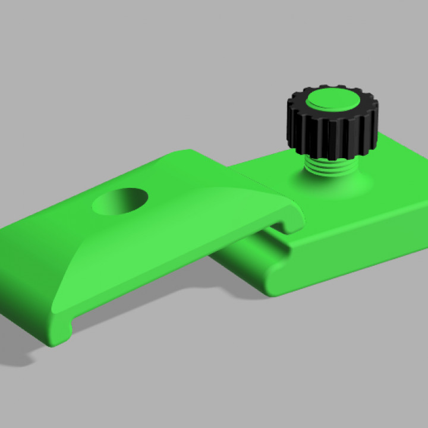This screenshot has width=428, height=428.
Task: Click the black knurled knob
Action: [332, 128]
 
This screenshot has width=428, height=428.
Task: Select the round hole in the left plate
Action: [121, 201]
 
